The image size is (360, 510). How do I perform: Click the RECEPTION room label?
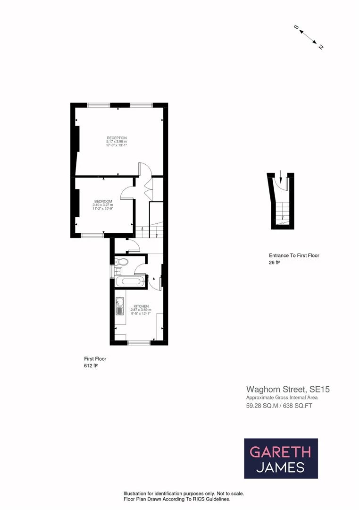tap(117, 138)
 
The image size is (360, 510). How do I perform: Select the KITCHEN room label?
tap(141, 306)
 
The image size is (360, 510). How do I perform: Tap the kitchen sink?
tap(119, 306)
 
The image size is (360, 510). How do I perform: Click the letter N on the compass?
tap(321, 47)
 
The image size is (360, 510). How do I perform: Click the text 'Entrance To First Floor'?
tap(294, 255)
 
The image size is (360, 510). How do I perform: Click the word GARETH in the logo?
tap(280, 452)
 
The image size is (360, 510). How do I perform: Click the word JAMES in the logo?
tap(280, 467)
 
